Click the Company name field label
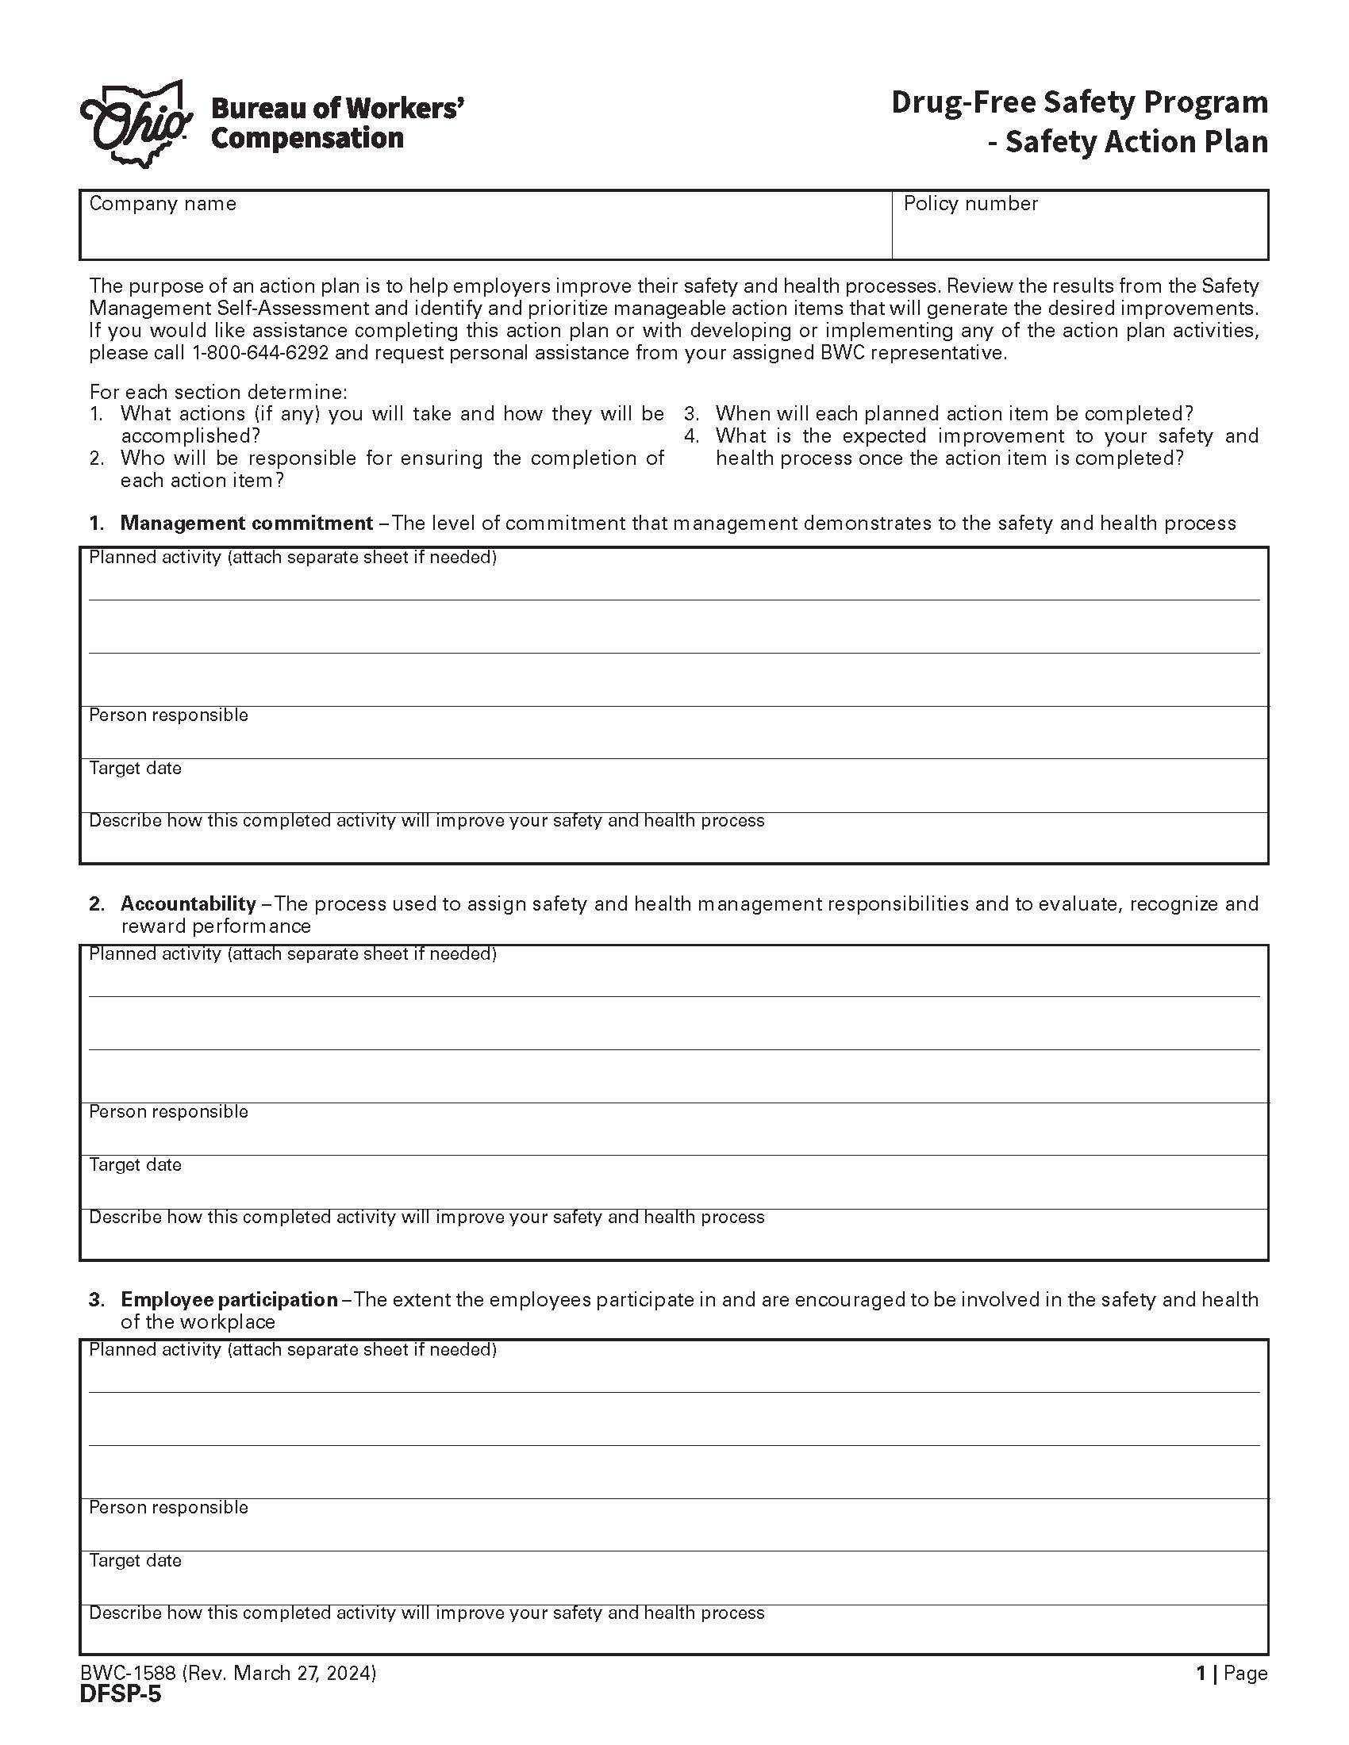click(x=162, y=204)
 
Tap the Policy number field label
click(x=970, y=204)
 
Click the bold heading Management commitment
click(x=246, y=523)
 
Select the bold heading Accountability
click(x=188, y=903)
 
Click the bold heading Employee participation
click(x=229, y=1299)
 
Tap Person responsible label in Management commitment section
click(x=167, y=715)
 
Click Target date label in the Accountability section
click(x=135, y=1165)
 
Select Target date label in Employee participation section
click(x=135, y=1560)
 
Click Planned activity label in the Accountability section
click(x=293, y=954)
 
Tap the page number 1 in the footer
click(x=1200, y=1673)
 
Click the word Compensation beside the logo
click(x=307, y=138)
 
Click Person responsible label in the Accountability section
click(x=167, y=1112)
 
